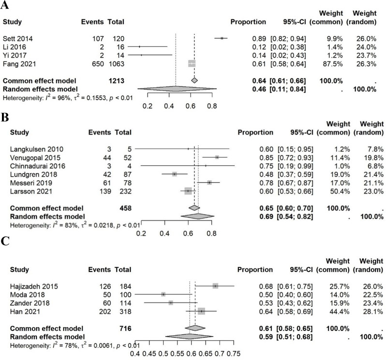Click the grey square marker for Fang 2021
click(x=192, y=63)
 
